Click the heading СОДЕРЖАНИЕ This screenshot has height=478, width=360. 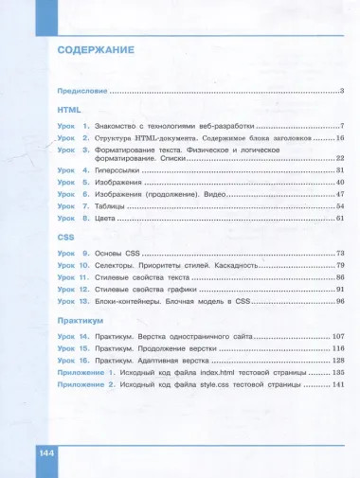point(95,49)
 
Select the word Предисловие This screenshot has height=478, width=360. point(81,92)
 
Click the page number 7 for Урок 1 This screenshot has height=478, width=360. point(341,126)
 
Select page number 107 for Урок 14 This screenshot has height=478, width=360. point(336,338)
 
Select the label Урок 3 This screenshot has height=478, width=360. point(73,150)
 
